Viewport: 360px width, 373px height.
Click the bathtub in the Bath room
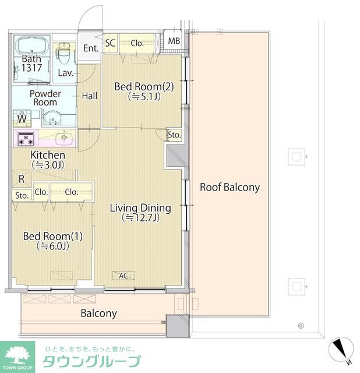(31, 46)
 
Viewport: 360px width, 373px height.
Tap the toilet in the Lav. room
(63, 55)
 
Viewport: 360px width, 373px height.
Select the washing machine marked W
(22, 118)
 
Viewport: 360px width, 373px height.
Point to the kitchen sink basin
(63, 138)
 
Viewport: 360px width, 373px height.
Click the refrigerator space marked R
(22, 178)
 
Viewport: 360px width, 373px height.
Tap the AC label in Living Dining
(123, 276)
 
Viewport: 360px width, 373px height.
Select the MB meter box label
(174, 41)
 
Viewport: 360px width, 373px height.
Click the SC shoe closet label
(110, 43)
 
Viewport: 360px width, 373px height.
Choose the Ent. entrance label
(91, 48)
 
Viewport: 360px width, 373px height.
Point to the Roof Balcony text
(230, 187)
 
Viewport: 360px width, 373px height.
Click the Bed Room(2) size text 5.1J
(144, 97)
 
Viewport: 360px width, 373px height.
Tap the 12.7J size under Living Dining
(140, 217)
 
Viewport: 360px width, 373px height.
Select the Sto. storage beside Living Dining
(174, 135)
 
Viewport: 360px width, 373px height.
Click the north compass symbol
(341, 350)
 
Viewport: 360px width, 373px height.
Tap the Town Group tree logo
(17, 355)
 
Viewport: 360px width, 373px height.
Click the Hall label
(89, 96)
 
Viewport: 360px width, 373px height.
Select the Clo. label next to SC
(137, 43)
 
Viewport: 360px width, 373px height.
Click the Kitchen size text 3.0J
(48, 165)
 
